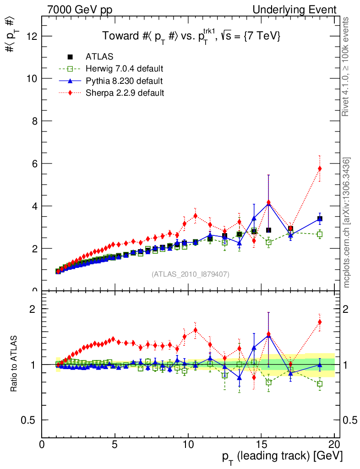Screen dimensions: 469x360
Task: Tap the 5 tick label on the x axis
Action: click(115, 445)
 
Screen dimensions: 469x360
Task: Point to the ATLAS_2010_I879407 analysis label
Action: click(191, 274)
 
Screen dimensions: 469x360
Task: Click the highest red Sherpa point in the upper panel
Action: click(320, 169)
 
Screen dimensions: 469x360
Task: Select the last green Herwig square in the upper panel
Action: click(320, 234)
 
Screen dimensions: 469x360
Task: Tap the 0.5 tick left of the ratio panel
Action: click(31, 420)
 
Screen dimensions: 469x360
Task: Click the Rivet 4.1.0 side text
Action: click(347, 66)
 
